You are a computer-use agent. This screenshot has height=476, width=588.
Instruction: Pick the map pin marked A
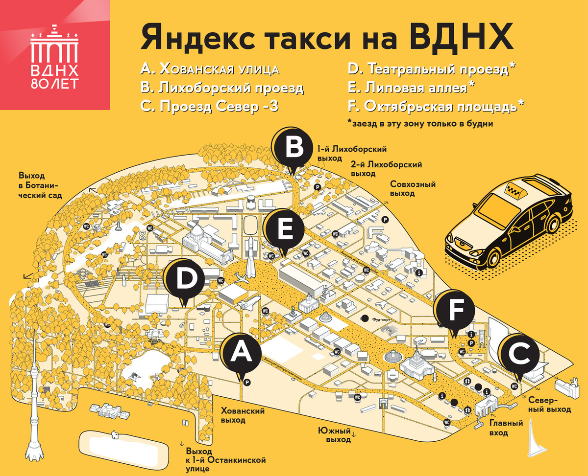pos(240,354)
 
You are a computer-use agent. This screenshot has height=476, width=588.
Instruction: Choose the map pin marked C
pos(519,355)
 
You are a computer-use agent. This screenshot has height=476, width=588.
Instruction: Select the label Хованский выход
pos(242,415)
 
